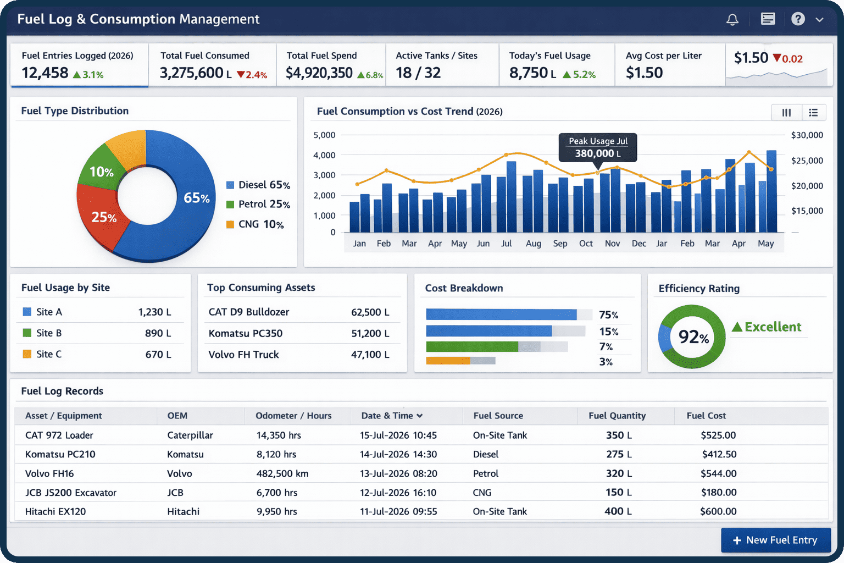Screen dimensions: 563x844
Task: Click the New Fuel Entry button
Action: click(775, 540)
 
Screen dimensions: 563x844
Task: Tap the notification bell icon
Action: click(732, 20)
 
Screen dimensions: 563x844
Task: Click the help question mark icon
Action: click(798, 19)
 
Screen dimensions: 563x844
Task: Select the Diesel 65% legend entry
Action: click(258, 185)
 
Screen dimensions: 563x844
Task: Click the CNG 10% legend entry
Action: click(256, 224)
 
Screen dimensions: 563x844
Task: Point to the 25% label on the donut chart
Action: click(104, 217)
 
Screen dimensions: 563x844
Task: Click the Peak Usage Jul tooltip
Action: click(598, 147)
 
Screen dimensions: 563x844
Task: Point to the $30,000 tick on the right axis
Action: click(807, 135)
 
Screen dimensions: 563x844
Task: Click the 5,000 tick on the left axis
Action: click(324, 135)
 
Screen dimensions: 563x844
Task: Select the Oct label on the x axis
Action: click(586, 244)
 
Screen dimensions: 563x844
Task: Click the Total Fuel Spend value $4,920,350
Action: click(319, 73)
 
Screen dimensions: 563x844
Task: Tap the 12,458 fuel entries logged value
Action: click(45, 73)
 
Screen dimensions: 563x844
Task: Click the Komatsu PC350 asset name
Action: click(246, 333)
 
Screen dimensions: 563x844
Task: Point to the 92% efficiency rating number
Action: click(693, 336)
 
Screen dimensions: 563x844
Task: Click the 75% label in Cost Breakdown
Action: click(608, 315)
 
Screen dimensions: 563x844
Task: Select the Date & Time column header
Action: click(391, 416)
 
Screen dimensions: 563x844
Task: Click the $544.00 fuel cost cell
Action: click(718, 473)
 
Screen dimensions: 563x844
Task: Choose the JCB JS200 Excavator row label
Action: click(71, 493)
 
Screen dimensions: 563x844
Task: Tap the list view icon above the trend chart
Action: click(813, 112)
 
